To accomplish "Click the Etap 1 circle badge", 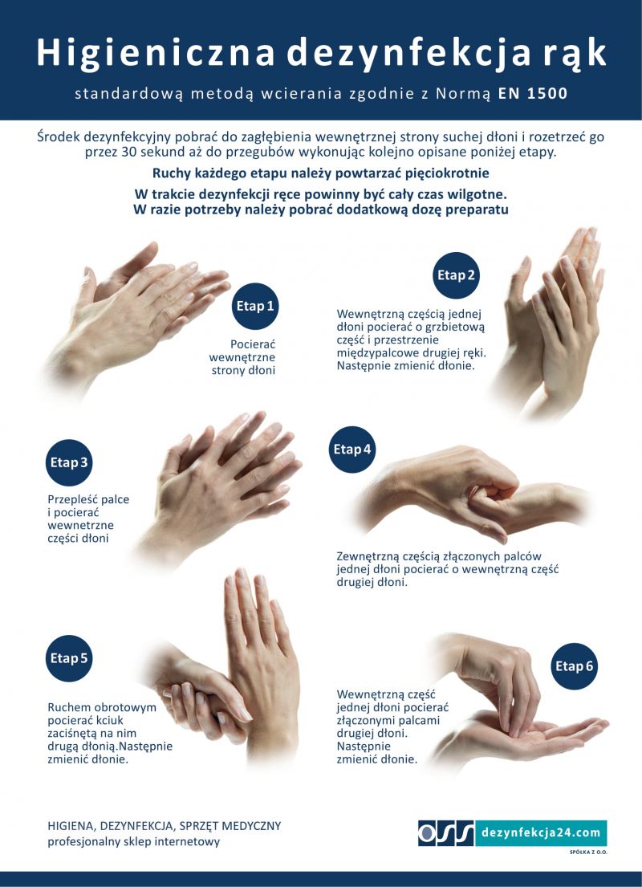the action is coord(255,306).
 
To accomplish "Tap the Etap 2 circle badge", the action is coord(456,275).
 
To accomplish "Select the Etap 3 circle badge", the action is coord(68,462).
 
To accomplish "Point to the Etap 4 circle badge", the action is coord(352,450).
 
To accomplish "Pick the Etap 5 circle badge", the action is coord(68,658).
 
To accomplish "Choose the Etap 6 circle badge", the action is coord(574,666).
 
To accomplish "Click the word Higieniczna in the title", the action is coord(156,53).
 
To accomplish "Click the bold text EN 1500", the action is coord(533,94).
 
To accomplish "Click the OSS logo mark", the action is coord(446,832).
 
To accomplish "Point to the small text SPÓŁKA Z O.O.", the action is coord(588,852).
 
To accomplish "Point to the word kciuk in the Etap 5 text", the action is coord(110,721).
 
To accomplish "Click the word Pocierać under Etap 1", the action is coord(253,344).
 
